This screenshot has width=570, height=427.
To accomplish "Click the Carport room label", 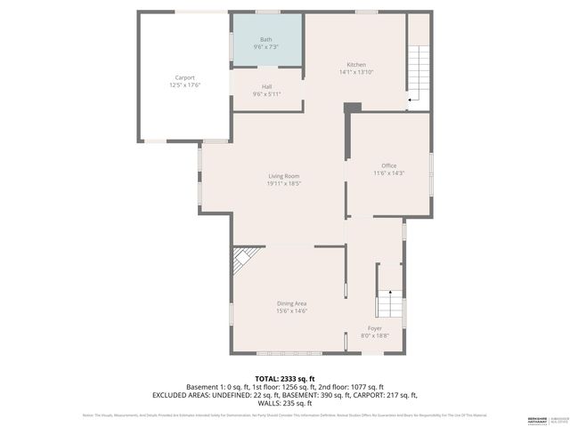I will [x=184, y=77].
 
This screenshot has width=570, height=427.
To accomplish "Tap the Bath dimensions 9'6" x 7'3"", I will [x=266, y=48].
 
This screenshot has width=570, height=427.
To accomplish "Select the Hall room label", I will [x=266, y=86].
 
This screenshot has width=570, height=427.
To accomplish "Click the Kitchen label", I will [x=356, y=64].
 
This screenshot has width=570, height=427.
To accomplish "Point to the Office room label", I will [x=388, y=166].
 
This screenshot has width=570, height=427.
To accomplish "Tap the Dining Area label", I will [x=291, y=303].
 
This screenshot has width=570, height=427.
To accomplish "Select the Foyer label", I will [x=375, y=328].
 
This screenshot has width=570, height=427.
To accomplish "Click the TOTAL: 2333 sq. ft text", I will [x=285, y=378].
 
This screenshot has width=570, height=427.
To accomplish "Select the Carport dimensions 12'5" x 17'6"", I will [x=184, y=85].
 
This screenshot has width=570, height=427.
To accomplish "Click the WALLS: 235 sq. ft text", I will [x=285, y=402].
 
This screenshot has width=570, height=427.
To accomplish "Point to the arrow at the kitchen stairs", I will [x=409, y=101].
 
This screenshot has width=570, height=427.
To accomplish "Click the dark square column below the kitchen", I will [x=353, y=109].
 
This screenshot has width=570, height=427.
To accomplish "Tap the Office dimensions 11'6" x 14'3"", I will [x=388, y=173].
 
